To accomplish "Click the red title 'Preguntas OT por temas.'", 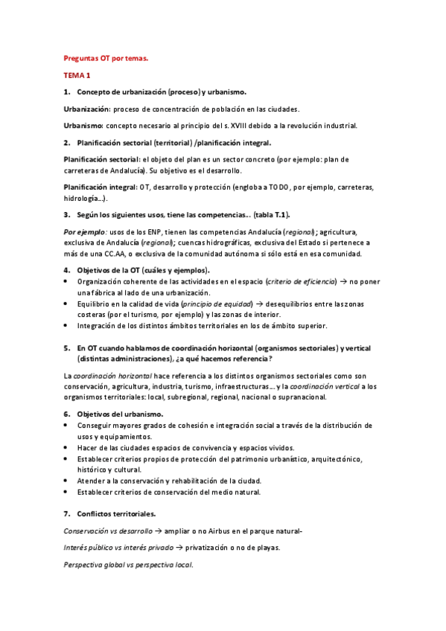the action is [x=105, y=58].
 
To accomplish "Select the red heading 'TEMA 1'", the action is [x=77, y=75].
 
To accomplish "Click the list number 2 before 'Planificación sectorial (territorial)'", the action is [x=66, y=142].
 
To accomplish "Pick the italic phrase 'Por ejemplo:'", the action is [x=83, y=231].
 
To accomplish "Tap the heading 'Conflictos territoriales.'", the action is [x=117, y=513].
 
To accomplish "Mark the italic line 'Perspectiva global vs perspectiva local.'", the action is [x=128, y=565].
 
